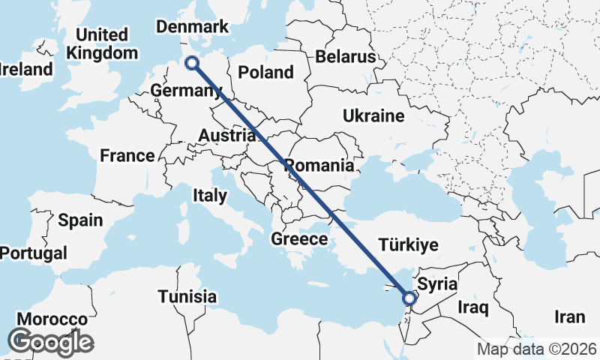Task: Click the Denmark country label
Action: [191, 27]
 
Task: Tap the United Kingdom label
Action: [103, 44]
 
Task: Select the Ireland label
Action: [26, 70]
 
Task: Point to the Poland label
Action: [265, 72]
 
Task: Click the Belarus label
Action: [345, 56]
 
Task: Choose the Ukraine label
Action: [373, 115]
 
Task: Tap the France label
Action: [127, 156]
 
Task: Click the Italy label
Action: [210, 196]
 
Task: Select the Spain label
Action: [80, 220]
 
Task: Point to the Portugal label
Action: [33, 253]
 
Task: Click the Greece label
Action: [300, 239]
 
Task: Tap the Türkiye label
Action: [408, 245]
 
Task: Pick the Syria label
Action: [436, 284]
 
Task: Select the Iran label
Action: [569, 317]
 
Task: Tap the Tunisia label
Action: [187, 296]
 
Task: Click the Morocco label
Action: [52, 319]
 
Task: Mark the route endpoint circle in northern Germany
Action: [192, 64]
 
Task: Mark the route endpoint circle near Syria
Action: [409, 299]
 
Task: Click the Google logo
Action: [50, 342]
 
